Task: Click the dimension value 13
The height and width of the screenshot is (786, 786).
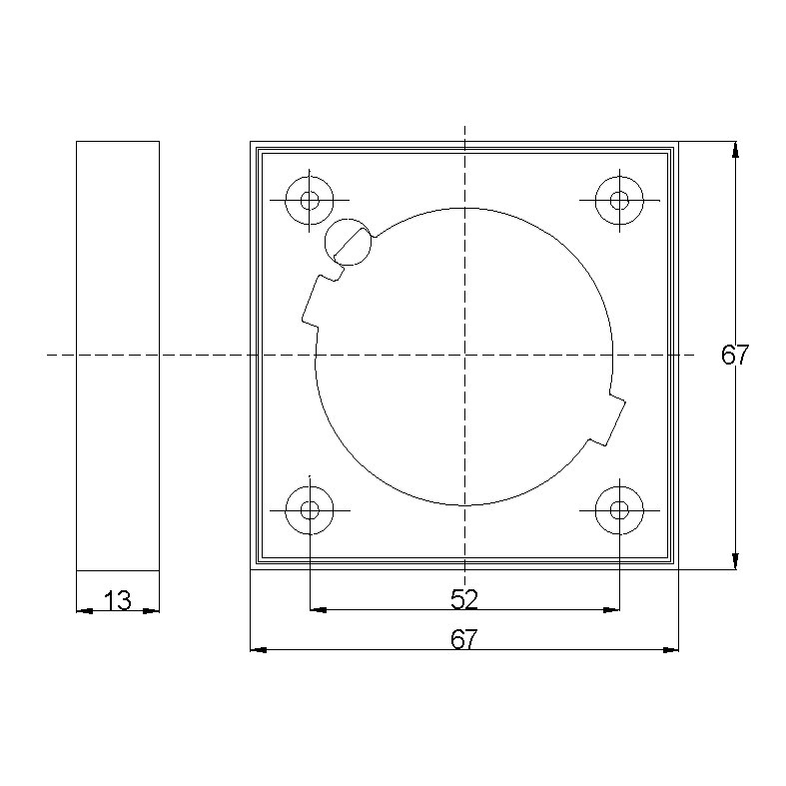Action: pos(118,600)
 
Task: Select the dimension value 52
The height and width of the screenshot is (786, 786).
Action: pos(464,599)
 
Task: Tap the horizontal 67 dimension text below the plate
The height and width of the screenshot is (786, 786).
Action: pos(464,640)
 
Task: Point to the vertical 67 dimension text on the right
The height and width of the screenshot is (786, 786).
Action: pos(735,355)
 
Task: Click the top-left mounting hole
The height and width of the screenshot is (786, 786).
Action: pos(310,200)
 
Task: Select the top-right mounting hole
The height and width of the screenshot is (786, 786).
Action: pos(619,200)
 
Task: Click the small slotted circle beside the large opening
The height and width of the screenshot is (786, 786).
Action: pos(348,241)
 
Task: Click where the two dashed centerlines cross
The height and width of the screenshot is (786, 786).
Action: pos(464,355)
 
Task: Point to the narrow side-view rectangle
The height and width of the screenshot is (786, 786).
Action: pos(118,355)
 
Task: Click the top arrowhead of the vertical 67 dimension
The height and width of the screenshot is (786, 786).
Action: pos(736,149)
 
